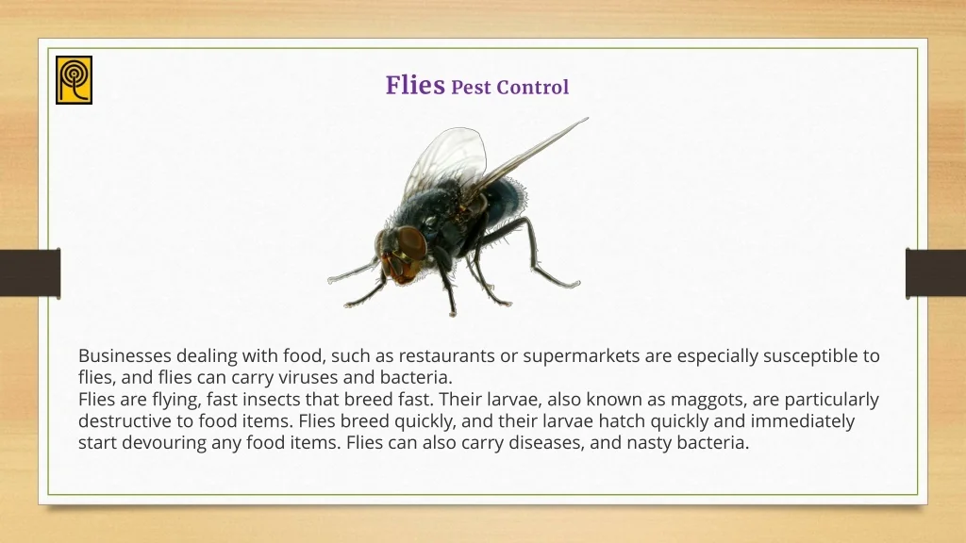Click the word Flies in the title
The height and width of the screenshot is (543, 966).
coord(415,85)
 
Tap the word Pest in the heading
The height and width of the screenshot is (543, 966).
coord(472,88)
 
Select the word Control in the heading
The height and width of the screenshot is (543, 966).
coord(532,88)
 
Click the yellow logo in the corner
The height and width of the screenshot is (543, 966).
coord(74,80)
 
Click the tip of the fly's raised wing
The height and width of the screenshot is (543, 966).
coord(588,118)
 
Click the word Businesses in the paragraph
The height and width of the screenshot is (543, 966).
coord(125,355)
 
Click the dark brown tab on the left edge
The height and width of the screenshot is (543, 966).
coord(30,273)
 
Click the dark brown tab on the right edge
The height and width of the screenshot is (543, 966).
coord(936,273)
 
